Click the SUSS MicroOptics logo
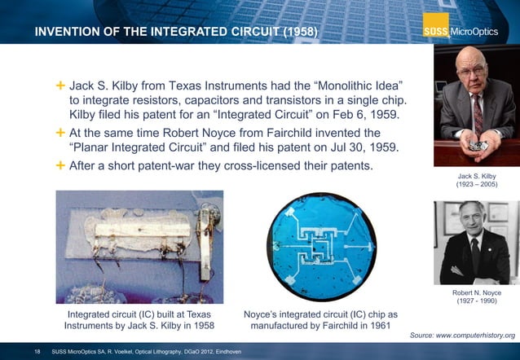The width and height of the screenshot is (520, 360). tap(468, 32)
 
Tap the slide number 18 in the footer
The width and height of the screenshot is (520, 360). tap(37, 351)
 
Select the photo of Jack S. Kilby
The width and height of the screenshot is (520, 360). tap(476, 105)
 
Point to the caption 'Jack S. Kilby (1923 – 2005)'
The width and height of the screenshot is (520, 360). tap(476, 180)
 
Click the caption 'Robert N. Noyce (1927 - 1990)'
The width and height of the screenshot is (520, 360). tap(476, 298)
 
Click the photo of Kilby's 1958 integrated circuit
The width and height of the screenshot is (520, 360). tap(139, 244)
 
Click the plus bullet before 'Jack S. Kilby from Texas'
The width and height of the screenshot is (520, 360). tap(60, 86)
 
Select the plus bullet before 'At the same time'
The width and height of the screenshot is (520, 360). tap(60, 132)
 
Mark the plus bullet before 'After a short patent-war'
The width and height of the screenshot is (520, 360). tap(60, 165)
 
